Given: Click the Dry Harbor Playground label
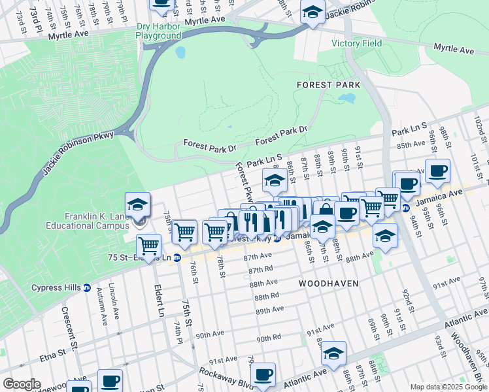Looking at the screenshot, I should (158, 31).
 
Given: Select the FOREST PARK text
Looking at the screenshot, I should (324, 85).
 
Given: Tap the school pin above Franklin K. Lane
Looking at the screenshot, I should (138, 205).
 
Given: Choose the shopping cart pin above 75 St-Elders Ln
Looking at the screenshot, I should (149, 246).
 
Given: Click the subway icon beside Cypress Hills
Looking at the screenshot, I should (87, 288).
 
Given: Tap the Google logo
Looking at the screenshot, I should (22, 384).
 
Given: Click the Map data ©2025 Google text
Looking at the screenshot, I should (448, 387).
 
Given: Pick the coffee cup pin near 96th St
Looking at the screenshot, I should (437, 171).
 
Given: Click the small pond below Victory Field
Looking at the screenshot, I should (346, 99).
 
